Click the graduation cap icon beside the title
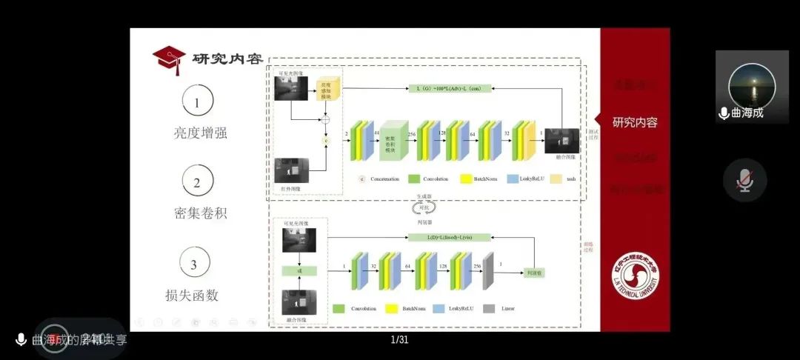click(x=169, y=59)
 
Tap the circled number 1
click(x=197, y=102)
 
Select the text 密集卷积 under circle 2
click(x=200, y=213)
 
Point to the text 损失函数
click(x=192, y=295)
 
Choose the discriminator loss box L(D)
click(x=450, y=237)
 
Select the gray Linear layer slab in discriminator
click(x=487, y=272)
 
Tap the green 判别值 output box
click(x=533, y=273)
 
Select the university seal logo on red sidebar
click(x=635, y=276)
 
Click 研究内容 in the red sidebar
click(x=635, y=123)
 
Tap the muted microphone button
click(x=744, y=181)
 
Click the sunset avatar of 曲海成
click(x=752, y=85)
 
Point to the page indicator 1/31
click(x=399, y=340)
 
